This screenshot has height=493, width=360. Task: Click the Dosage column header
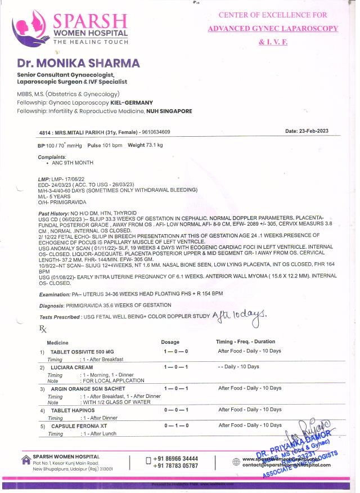170,342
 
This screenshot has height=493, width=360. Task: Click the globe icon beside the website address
236,461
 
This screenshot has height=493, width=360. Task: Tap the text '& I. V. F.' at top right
273,42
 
